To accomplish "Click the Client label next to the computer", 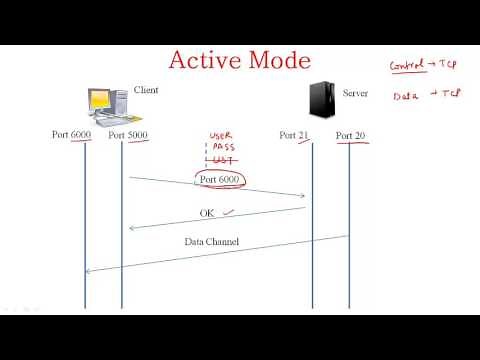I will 146,91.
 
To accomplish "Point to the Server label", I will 355,93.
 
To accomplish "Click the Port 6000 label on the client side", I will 72,134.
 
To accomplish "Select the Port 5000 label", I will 128,134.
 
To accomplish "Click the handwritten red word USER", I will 221,136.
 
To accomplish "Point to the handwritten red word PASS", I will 221,148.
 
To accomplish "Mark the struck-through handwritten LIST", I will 221,161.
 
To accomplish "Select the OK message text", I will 207,213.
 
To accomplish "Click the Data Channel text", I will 212,242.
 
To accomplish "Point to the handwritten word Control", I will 407,66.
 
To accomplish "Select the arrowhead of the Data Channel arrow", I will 89,270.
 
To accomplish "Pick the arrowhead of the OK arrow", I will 132,228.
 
